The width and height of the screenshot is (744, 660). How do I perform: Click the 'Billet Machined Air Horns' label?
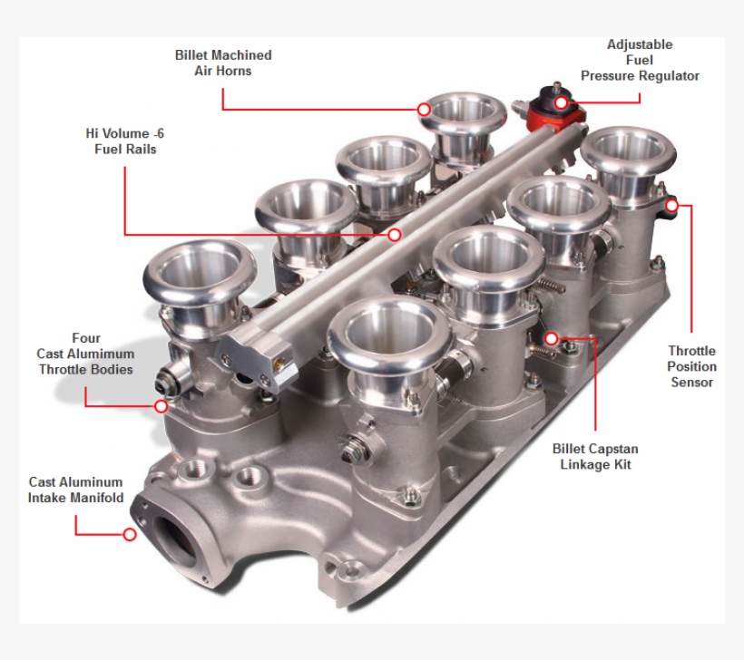223,63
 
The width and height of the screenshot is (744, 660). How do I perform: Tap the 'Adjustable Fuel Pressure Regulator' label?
640,60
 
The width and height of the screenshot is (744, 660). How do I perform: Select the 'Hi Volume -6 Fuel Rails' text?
125,141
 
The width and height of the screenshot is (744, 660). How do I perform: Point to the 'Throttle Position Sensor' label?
691,366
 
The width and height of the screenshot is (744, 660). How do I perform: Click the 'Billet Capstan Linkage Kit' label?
595,456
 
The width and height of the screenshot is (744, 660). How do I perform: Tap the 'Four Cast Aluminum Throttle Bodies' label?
85,354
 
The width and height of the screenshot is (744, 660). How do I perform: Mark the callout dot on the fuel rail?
395,235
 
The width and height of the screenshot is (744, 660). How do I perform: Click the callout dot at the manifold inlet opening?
130,534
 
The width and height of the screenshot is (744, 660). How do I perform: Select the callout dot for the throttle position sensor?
671,205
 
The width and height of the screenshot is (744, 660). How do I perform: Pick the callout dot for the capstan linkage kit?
551,338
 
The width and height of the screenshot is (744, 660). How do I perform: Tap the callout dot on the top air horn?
424,109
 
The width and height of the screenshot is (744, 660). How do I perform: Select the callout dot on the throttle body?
162,406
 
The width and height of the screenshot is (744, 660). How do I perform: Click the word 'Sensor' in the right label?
691,382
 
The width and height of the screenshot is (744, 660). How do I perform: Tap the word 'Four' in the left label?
86,338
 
